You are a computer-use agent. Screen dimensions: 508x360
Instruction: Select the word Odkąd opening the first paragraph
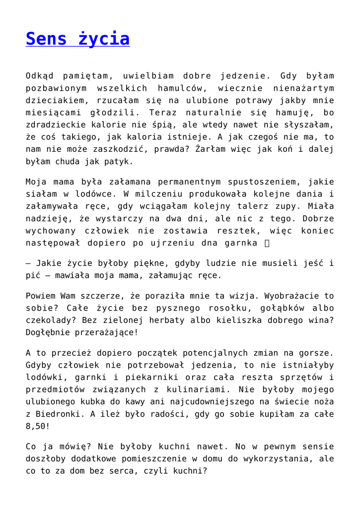coord(41,76)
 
